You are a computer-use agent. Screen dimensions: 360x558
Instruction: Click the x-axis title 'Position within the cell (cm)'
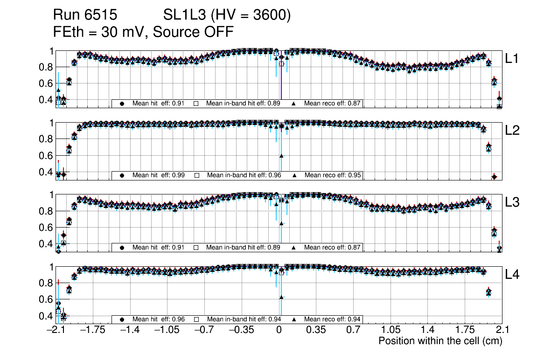(440, 341)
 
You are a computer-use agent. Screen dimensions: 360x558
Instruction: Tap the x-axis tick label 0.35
(316, 330)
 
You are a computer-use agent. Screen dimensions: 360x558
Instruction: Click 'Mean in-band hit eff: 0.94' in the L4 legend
(244, 319)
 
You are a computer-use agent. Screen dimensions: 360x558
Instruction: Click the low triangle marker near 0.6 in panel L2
(281, 156)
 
